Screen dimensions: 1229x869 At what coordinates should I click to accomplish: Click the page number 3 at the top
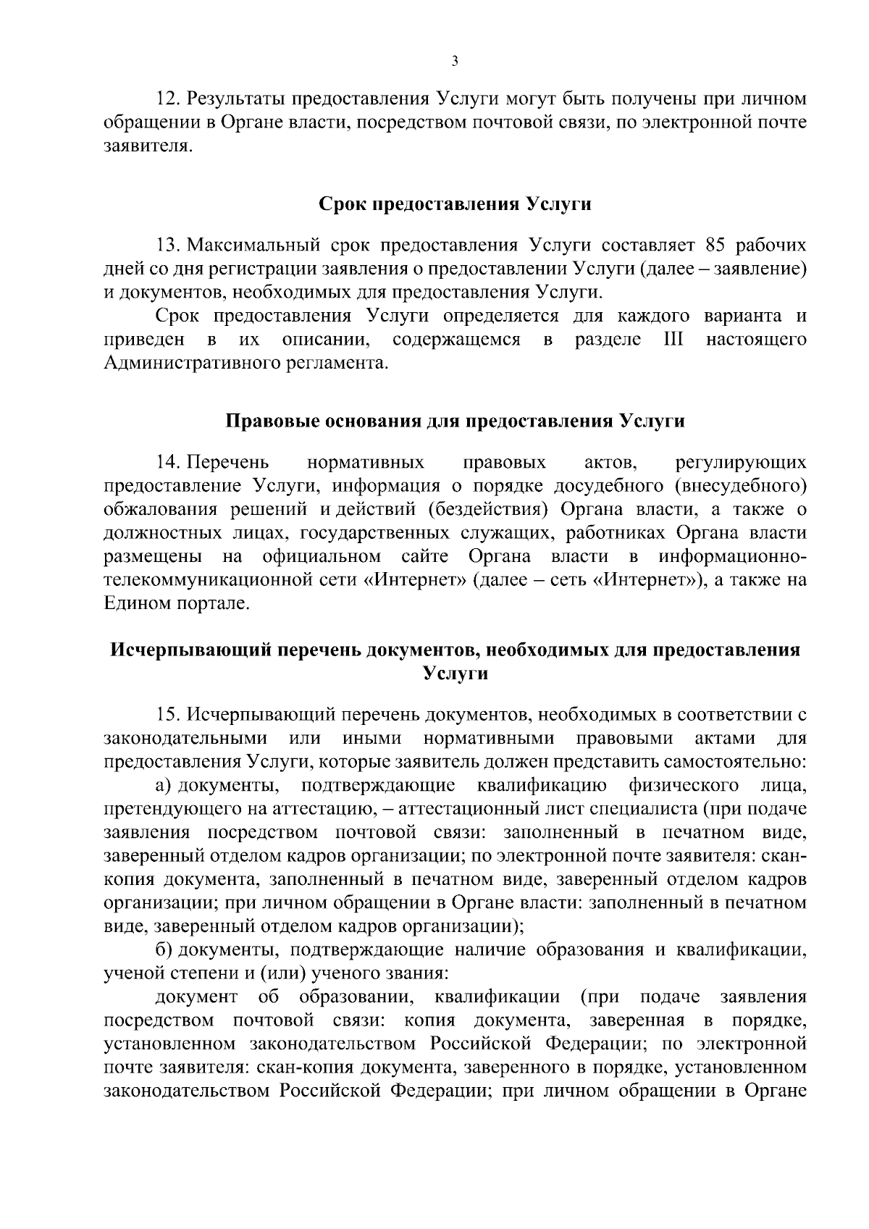454,62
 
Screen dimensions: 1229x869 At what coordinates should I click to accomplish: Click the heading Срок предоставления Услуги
456,204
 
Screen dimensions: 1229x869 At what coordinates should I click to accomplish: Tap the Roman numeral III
673,339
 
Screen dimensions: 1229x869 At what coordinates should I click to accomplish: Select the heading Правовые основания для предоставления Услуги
456,421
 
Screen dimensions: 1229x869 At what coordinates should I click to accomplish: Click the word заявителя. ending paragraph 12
149,146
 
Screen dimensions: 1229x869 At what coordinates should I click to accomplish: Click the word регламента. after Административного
341,362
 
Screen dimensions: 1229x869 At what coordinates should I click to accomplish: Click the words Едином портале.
177,603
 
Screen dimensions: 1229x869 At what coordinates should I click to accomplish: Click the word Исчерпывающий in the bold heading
190,650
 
